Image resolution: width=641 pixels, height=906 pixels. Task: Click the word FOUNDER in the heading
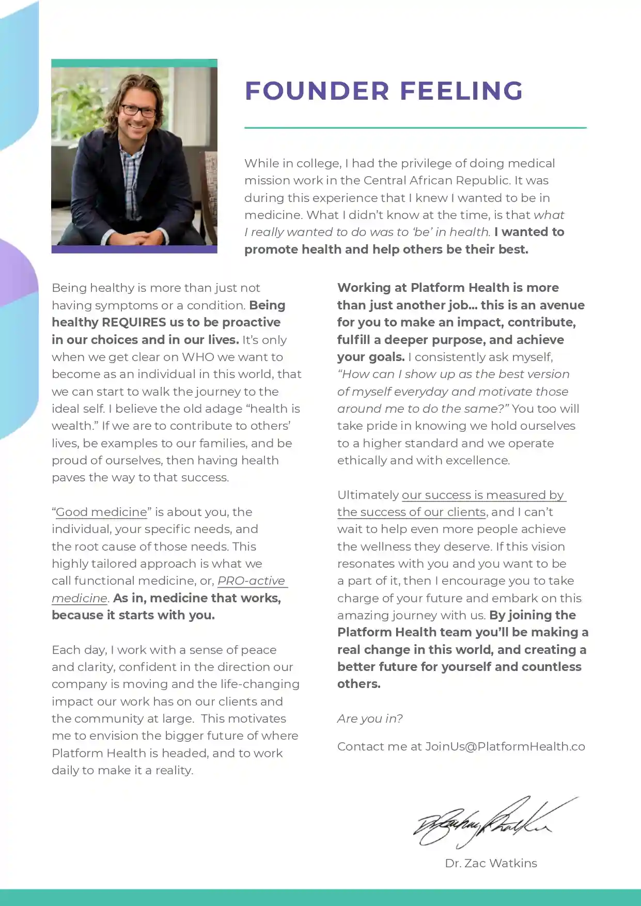317,91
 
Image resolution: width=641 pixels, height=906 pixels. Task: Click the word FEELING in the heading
461,91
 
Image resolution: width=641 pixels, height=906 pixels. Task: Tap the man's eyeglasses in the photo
138,111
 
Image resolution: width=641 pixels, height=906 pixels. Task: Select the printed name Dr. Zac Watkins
491,863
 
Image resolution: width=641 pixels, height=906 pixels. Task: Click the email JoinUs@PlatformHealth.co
505,746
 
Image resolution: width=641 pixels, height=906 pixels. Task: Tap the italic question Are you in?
370,718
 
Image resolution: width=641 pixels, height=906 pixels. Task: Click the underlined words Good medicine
101,512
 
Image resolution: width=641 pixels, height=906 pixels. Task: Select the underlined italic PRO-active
251,581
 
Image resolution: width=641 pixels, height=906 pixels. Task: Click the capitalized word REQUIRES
134,322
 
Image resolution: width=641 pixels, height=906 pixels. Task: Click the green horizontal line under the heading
415,128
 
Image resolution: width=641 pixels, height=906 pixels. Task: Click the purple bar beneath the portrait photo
134,249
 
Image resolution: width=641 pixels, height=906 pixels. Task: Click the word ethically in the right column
362,460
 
